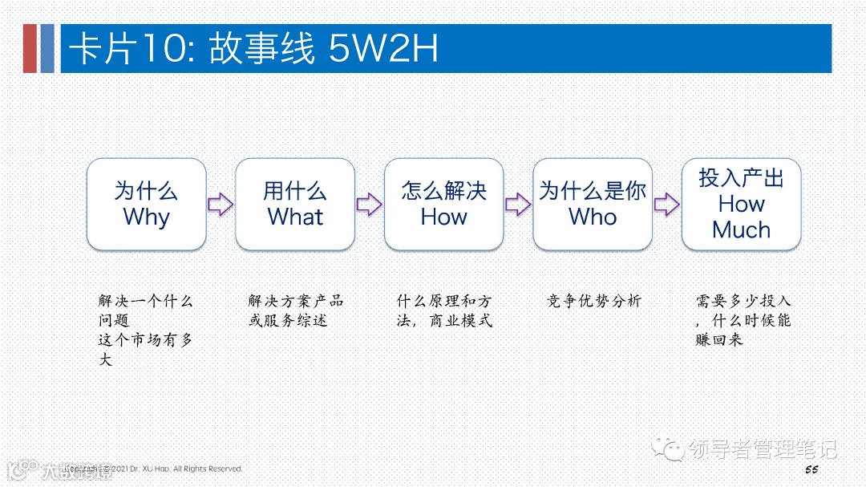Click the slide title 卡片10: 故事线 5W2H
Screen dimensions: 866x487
[253, 50]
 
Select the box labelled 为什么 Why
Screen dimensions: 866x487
[146, 204]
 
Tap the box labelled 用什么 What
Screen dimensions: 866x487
[295, 204]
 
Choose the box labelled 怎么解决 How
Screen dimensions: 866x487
[443, 204]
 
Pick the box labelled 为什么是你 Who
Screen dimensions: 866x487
[593, 204]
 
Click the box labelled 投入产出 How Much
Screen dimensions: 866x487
[741, 204]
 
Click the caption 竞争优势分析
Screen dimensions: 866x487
[593, 302]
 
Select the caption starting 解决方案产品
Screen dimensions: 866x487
[295, 311]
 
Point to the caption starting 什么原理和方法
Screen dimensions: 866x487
[444, 311]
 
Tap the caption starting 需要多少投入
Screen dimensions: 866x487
[743, 320]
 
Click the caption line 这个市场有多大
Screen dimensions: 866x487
[146, 350]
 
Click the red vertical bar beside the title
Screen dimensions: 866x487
[30, 49]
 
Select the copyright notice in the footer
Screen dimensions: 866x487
[156, 469]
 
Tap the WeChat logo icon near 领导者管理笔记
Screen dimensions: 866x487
[668, 449]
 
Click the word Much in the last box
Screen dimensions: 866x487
[741, 230]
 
